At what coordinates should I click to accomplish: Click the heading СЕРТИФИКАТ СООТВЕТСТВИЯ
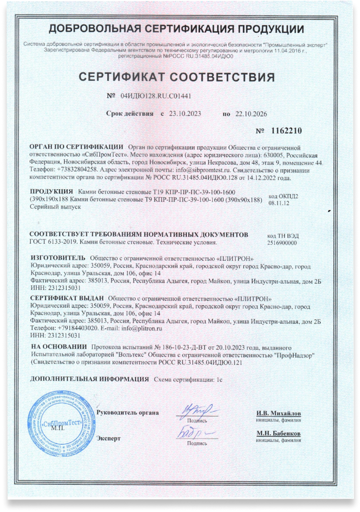pyautogui.click(x=180, y=77)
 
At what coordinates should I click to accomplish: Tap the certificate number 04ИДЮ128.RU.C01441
pyautogui.click(x=155, y=96)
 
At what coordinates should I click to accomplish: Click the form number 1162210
pyautogui.click(x=287, y=130)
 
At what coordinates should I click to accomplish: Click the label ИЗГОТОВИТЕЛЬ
pyautogui.click(x=57, y=258)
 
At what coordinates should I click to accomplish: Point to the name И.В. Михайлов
pyautogui.click(x=279, y=413)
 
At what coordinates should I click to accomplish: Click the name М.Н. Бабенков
pyautogui.click(x=279, y=433)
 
